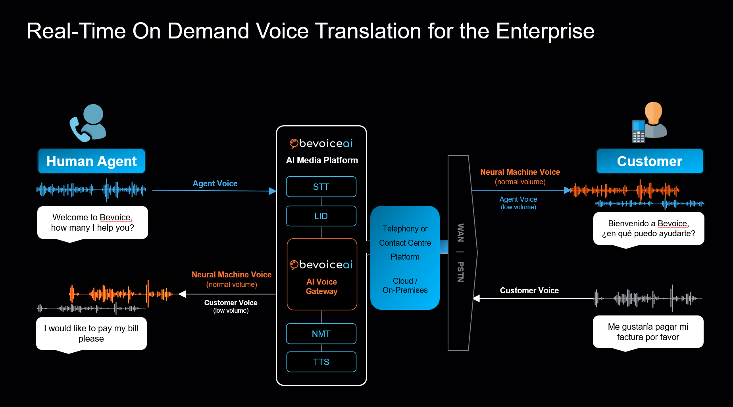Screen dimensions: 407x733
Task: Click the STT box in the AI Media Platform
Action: (321, 187)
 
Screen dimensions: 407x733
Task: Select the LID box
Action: (321, 216)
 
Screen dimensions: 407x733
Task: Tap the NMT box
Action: (321, 334)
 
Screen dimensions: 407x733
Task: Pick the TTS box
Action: (321, 362)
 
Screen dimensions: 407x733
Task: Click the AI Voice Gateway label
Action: (321, 286)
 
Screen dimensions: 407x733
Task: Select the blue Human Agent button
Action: (92, 161)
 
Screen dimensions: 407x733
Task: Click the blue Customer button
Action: (650, 161)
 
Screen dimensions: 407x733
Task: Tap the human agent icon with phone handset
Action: (88, 122)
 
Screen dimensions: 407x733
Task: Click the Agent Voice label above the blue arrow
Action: (215, 183)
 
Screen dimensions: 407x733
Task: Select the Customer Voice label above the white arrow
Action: (529, 290)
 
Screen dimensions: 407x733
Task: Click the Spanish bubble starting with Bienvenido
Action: (648, 228)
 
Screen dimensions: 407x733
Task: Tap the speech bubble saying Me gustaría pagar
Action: (648, 332)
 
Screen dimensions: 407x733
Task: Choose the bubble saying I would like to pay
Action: (91, 333)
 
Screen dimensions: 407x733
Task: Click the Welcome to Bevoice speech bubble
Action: (92, 222)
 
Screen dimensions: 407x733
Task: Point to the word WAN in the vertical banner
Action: (460, 233)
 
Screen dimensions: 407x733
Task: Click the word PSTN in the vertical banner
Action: (460, 271)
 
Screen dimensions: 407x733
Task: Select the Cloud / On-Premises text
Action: (405, 285)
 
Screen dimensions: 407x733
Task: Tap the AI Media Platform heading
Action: (322, 160)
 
